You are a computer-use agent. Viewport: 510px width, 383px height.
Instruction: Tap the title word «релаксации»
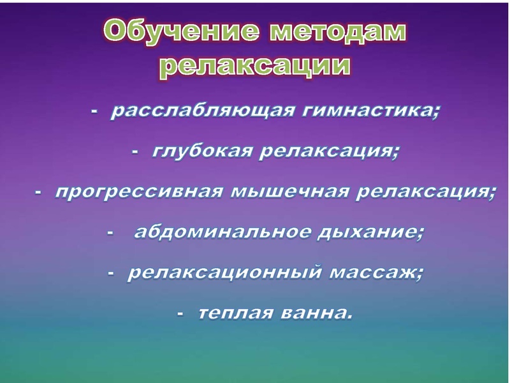254,66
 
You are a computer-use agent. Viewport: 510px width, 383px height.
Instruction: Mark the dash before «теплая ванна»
181,314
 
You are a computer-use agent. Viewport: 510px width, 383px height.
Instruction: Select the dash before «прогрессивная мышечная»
38,193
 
